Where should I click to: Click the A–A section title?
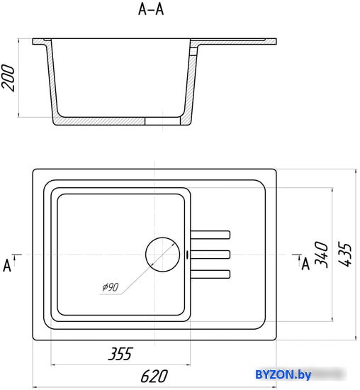click(x=151, y=10)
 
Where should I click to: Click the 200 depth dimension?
click(x=8, y=77)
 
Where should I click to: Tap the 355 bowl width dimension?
click(x=120, y=353)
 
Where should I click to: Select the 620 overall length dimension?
click(x=154, y=377)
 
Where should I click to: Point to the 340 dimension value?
click(x=321, y=255)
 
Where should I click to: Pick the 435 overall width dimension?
click(x=345, y=255)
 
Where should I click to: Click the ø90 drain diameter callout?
click(x=111, y=287)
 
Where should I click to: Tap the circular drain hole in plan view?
click(x=162, y=255)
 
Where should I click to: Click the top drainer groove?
click(x=210, y=235)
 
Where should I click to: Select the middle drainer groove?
click(x=210, y=255)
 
